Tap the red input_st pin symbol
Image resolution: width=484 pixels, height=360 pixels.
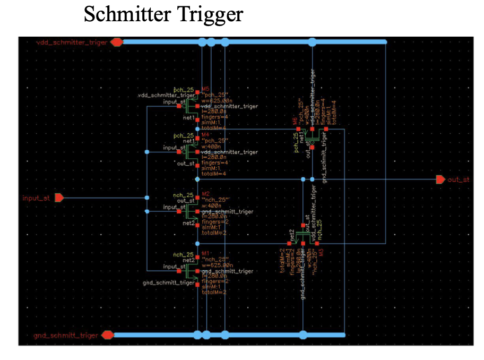point(59,198)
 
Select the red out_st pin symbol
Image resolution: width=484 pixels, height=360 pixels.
point(440,179)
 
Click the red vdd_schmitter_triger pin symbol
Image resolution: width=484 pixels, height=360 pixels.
point(117,42)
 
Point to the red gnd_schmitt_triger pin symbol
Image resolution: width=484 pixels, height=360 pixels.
point(107,335)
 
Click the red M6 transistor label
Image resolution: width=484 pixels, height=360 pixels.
point(295,122)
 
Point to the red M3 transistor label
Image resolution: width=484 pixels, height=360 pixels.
point(321,250)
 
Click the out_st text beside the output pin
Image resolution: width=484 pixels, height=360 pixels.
point(459,179)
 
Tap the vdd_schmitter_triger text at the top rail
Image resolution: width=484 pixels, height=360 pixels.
point(71,42)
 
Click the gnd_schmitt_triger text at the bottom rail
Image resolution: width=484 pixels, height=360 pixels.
point(66,335)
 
